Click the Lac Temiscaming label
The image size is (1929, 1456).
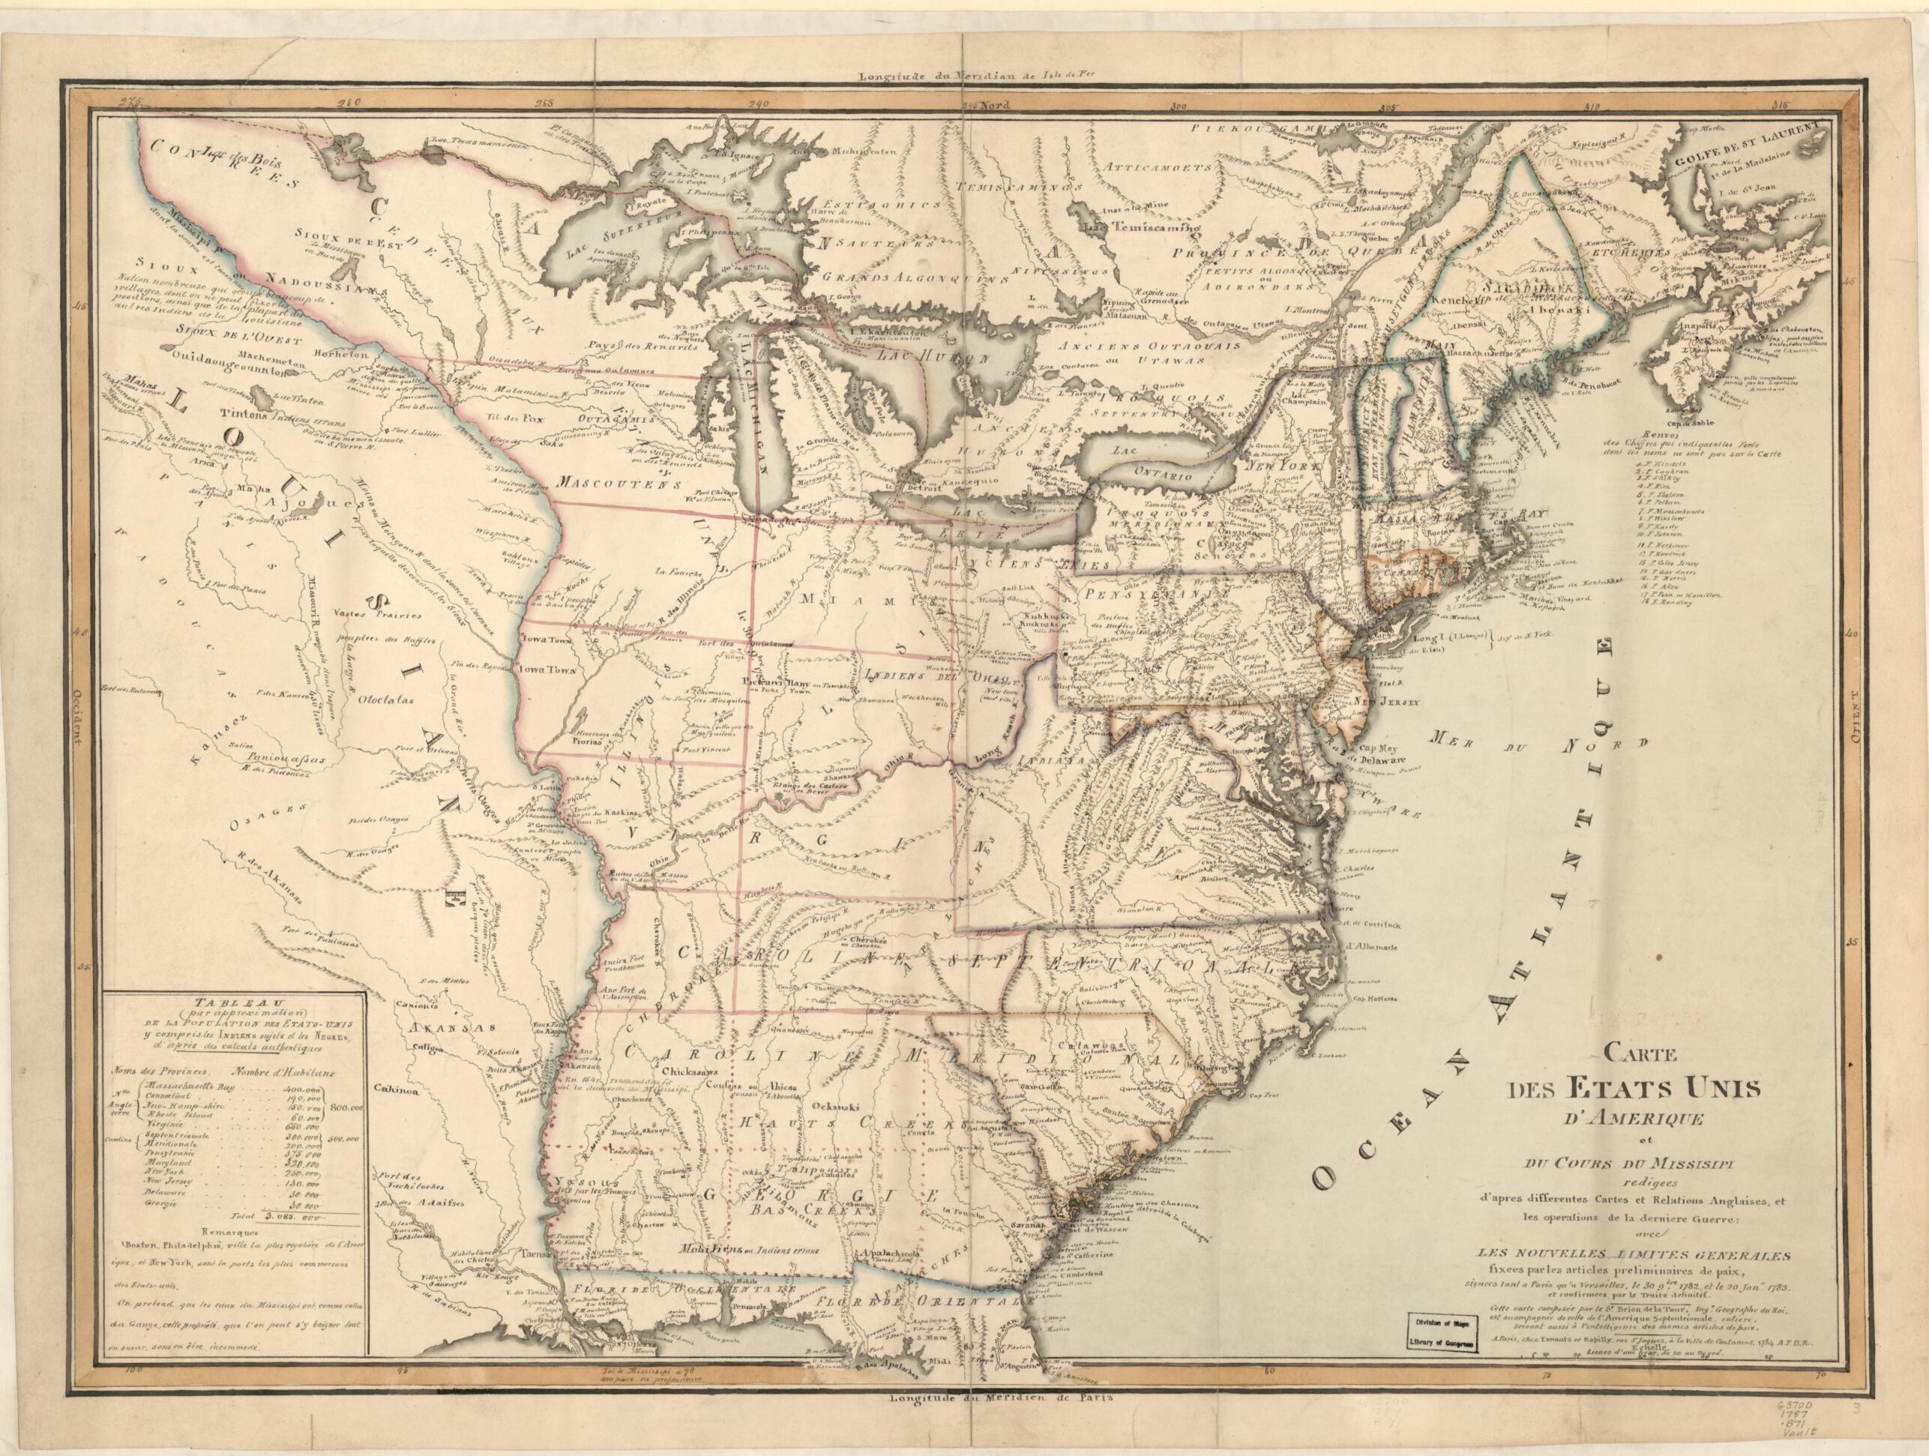[1140, 226]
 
